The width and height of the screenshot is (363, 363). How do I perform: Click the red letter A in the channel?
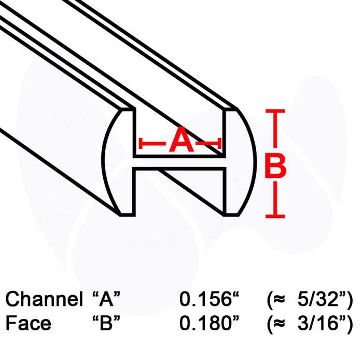[181, 139]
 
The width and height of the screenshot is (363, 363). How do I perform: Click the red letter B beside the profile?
[275, 164]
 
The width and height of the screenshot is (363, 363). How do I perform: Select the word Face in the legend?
[28, 323]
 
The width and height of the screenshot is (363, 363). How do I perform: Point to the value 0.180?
[206, 323]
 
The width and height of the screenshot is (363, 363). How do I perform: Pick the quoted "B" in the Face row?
[106, 323]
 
